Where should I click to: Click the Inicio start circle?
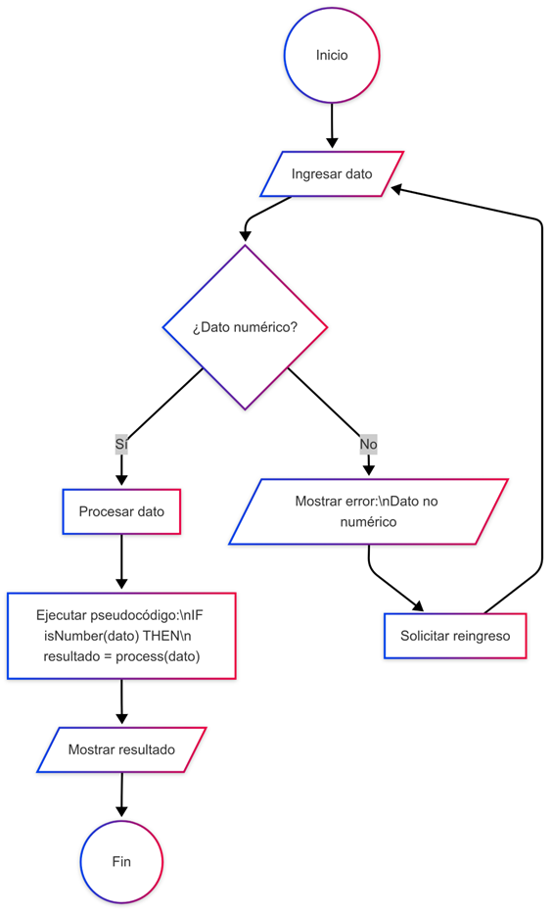(332, 56)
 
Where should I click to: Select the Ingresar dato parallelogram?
(332, 173)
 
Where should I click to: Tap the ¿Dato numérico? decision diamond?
(245, 327)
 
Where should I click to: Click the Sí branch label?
(121, 444)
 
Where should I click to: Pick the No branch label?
(369, 444)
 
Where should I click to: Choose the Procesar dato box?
(121, 511)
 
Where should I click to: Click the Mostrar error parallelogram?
(369, 511)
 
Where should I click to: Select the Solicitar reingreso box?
(455, 636)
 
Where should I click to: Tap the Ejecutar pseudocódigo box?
(121, 636)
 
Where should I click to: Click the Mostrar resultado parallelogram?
(121, 749)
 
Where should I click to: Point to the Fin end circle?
(121, 861)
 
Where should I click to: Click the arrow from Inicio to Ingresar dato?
(332, 126)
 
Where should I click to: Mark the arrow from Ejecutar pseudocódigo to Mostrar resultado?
(121, 701)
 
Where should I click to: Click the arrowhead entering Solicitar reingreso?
(418, 606)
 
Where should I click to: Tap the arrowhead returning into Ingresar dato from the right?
(397, 188)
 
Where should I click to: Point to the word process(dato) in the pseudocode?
(158, 656)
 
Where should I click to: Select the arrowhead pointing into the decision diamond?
(245, 235)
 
